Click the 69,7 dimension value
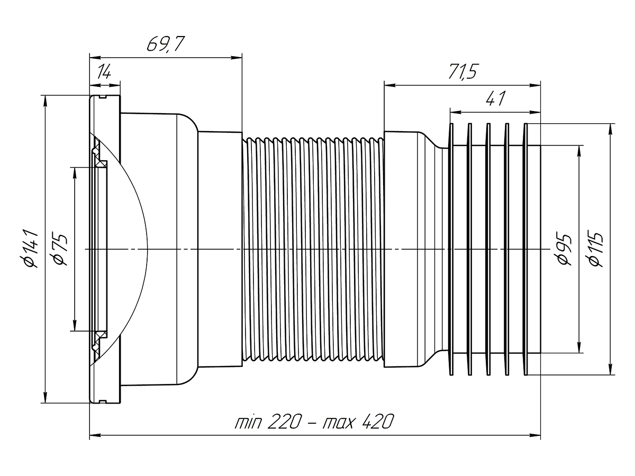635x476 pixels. point(165,44)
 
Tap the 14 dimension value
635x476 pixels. point(104,72)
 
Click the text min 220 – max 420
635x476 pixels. point(315,423)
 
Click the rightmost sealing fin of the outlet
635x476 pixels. point(526,249)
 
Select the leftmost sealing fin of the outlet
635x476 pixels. point(451,249)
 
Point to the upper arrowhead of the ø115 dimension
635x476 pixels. point(612,127)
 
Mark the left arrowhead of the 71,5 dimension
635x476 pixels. point(388,84)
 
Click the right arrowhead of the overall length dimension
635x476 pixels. point(537,436)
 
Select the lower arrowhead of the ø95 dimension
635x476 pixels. point(580,349)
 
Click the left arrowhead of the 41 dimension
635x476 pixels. point(453,111)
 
